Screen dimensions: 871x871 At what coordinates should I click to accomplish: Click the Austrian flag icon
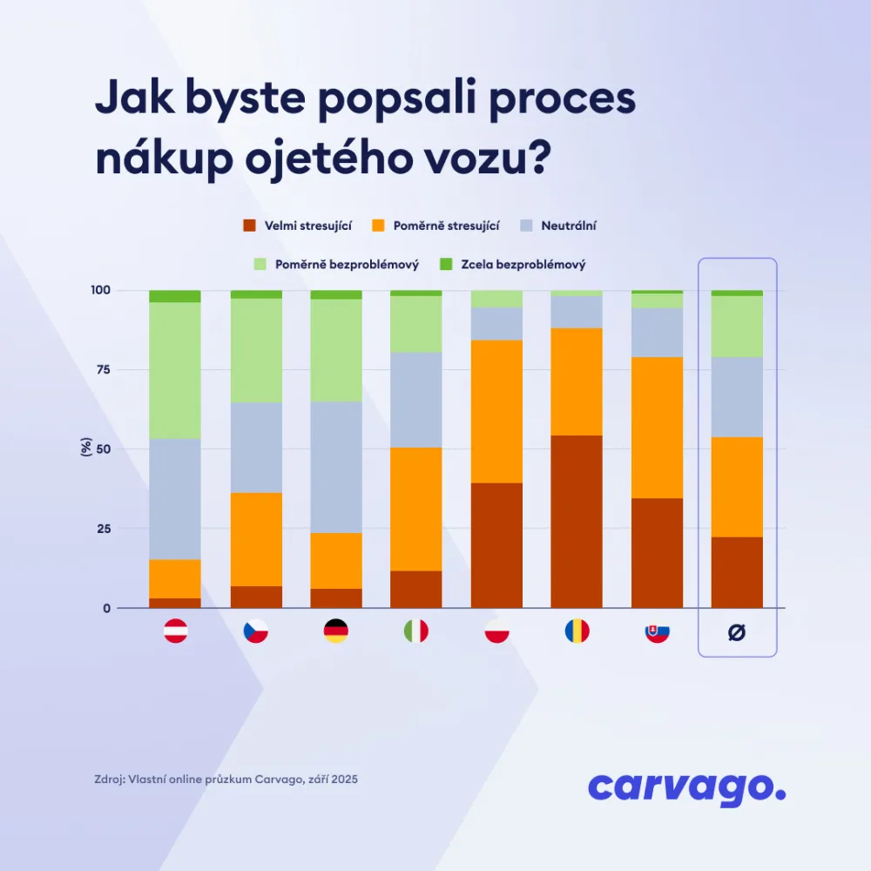pyautogui.click(x=175, y=631)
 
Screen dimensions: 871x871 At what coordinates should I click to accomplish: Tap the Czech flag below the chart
pyautogui.click(x=255, y=631)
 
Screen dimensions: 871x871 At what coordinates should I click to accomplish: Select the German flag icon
pyautogui.click(x=335, y=631)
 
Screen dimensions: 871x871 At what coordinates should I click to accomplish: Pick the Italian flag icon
pyautogui.click(x=415, y=631)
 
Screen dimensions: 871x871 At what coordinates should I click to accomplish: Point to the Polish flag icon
pyautogui.click(x=496, y=631)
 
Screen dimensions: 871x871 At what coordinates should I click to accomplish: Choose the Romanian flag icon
pyautogui.click(x=577, y=631)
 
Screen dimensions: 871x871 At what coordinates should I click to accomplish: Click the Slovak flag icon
pyautogui.click(x=657, y=631)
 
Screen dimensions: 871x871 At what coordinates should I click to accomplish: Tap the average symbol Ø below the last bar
pyautogui.click(x=737, y=633)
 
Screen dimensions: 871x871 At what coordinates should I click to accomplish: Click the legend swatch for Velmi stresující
pyautogui.click(x=248, y=226)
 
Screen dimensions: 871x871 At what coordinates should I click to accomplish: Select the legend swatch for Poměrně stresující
pyautogui.click(x=378, y=226)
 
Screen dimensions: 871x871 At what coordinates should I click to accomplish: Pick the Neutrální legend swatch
pyautogui.click(x=525, y=226)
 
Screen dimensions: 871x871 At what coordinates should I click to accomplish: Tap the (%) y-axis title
pyautogui.click(x=86, y=449)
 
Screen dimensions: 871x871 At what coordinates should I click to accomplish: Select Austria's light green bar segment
pyautogui.click(x=175, y=370)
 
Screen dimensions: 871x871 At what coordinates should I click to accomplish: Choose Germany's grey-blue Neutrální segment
pyautogui.click(x=335, y=467)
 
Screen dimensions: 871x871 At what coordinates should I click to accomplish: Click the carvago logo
pyautogui.click(x=686, y=787)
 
